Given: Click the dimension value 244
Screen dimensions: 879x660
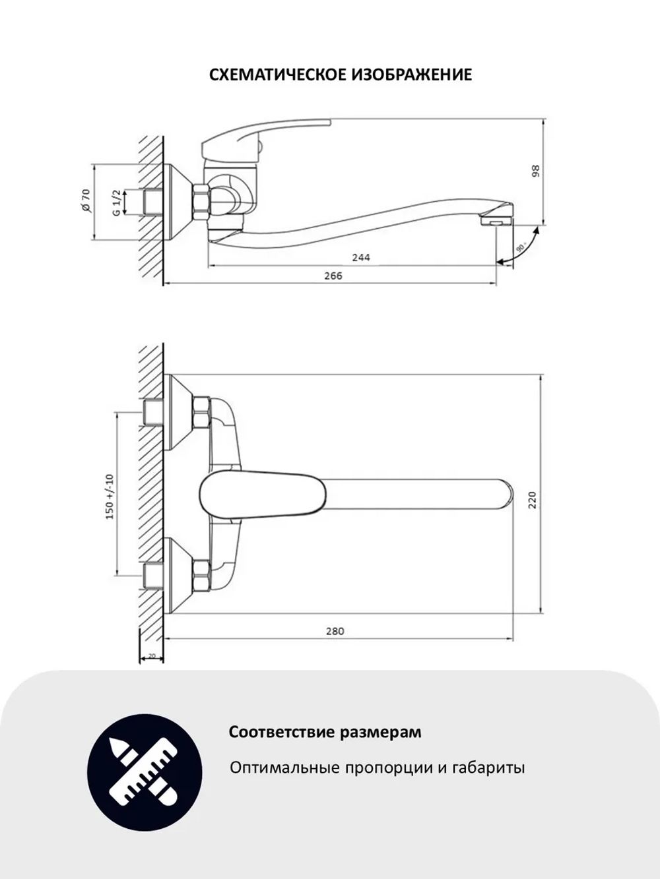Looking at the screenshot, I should [x=360, y=257].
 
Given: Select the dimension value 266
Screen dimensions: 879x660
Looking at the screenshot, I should [x=333, y=276].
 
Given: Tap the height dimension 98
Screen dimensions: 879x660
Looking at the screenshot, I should [x=536, y=171].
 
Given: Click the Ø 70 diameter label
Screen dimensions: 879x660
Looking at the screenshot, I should [x=85, y=200].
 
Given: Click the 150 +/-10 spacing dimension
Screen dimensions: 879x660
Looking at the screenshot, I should [x=110, y=495].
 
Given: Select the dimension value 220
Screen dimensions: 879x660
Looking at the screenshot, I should [x=533, y=499].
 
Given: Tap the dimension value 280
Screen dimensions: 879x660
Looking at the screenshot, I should [x=335, y=631].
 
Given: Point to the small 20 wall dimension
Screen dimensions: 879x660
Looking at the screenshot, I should [x=152, y=656].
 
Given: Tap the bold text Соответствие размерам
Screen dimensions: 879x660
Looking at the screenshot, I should [x=325, y=733].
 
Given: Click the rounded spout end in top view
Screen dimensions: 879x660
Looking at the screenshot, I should [x=505, y=496].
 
